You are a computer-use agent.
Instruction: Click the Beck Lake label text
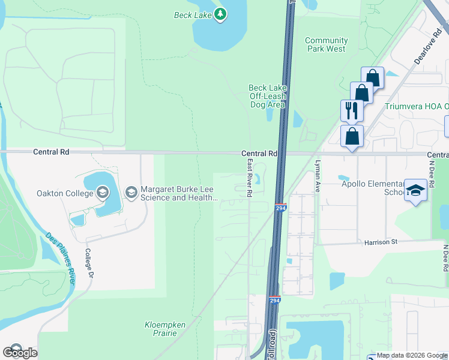tap(193, 15)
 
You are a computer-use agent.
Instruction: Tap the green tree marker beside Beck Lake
tap(220, 14)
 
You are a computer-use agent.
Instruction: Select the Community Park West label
tap(326, 44)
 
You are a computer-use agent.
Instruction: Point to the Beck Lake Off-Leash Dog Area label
tap(267, 96)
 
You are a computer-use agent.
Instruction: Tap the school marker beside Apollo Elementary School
tap(415, 190)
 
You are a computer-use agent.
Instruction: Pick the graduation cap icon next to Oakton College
tap(103, 193)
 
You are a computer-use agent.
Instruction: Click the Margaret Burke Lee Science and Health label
tap(178, 193)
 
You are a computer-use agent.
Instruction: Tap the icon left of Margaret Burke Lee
tap(131, 193)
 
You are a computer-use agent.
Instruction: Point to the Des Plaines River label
tap(59, 253)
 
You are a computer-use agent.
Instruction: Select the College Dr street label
tap(91, 263)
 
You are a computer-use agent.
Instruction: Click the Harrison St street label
tap(381, 242)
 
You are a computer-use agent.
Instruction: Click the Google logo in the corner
tap(20, 352)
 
